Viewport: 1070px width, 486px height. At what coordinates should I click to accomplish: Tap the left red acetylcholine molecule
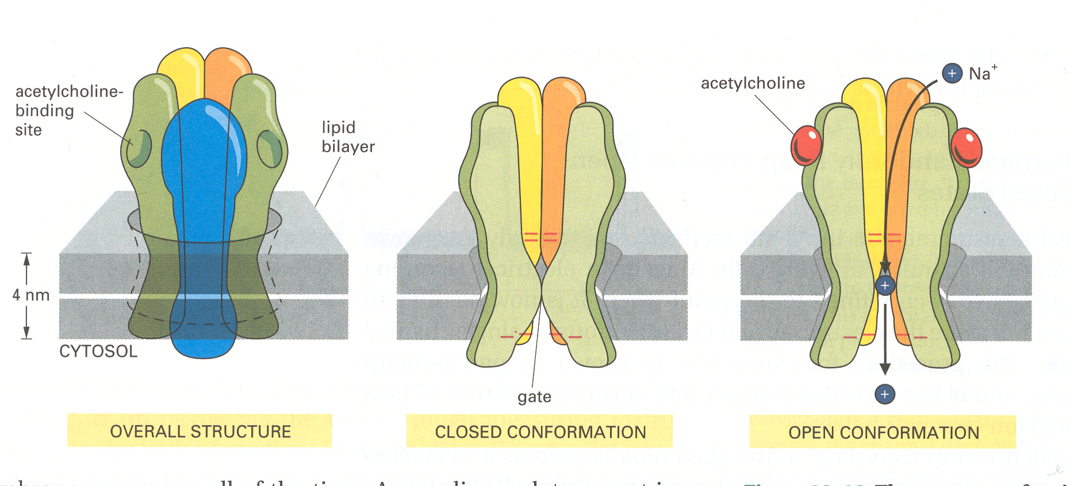(806, 145)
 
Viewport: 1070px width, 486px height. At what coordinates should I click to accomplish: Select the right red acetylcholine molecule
(966, 148)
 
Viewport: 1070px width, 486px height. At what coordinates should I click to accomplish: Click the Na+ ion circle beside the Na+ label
(952, 74)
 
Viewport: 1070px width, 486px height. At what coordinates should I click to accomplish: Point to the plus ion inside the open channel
(885, 286)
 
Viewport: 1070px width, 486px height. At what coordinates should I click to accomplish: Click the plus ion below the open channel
(885, 394)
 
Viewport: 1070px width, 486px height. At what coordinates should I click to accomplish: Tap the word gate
(534, 397)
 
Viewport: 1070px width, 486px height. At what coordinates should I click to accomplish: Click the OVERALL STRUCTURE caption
(200, 431)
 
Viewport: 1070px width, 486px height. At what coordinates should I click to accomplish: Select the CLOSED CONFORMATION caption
(540, 432)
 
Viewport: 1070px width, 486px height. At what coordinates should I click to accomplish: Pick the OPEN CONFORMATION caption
(883, 433)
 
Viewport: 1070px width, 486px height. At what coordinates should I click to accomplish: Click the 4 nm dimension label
(31, 295)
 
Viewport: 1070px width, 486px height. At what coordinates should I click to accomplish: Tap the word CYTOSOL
(98, 352)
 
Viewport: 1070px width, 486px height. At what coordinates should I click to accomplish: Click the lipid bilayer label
(348, 137)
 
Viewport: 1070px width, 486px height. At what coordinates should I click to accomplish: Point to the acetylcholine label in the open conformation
(753, 83)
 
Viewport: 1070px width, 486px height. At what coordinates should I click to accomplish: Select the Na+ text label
(983, 74)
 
